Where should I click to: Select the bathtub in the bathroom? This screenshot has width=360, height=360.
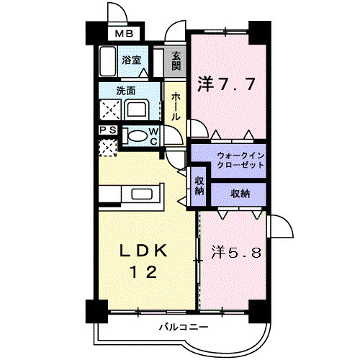108,62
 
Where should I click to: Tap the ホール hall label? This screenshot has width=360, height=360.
176,105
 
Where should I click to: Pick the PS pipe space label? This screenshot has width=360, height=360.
107,130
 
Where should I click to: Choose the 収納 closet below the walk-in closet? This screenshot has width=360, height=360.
240,193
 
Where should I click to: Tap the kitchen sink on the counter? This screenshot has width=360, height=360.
141,195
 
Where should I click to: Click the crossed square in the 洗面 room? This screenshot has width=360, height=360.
110,110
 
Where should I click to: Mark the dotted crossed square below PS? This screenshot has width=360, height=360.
107,148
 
